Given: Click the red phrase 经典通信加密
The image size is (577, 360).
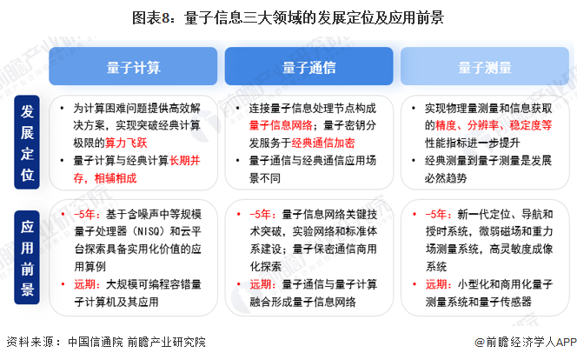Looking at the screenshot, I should point(322,140).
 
